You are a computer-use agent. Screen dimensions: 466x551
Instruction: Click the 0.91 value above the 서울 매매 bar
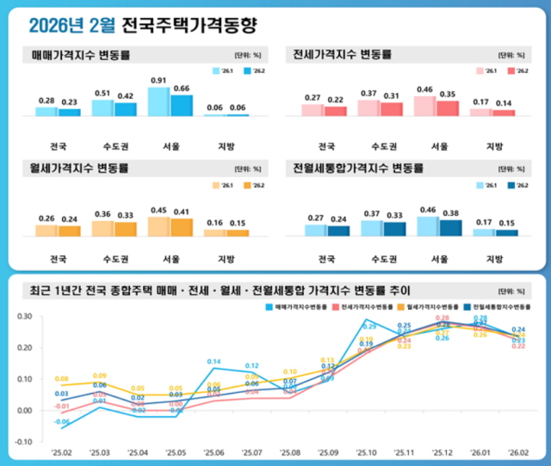pyautogui.click(x=158, y=81)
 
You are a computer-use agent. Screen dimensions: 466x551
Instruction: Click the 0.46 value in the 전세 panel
pyautogui.click(x=424, y=89)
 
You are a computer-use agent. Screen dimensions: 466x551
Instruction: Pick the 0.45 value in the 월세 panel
pyautogui.click(x=158, y=210)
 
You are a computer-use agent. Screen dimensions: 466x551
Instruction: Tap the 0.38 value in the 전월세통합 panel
pyautogui.click(x=449, y=212)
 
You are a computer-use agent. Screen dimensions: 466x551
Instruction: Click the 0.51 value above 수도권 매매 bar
pyautogui.click(x=102, y=93)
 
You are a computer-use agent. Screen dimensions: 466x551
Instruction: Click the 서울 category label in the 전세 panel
pyautogui.click(x=438, y=144)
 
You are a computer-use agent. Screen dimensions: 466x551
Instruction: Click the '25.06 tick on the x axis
pyautogui.click(x=214, y=452)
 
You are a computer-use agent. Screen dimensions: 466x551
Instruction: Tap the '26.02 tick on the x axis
pyautogui.click(x=518, y=452)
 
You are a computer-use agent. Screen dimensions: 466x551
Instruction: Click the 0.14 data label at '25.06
pyautogui.click(x=214, y=361)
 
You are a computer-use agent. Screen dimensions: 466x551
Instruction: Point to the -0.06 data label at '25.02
pyautogui.click(x=62, y=422)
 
